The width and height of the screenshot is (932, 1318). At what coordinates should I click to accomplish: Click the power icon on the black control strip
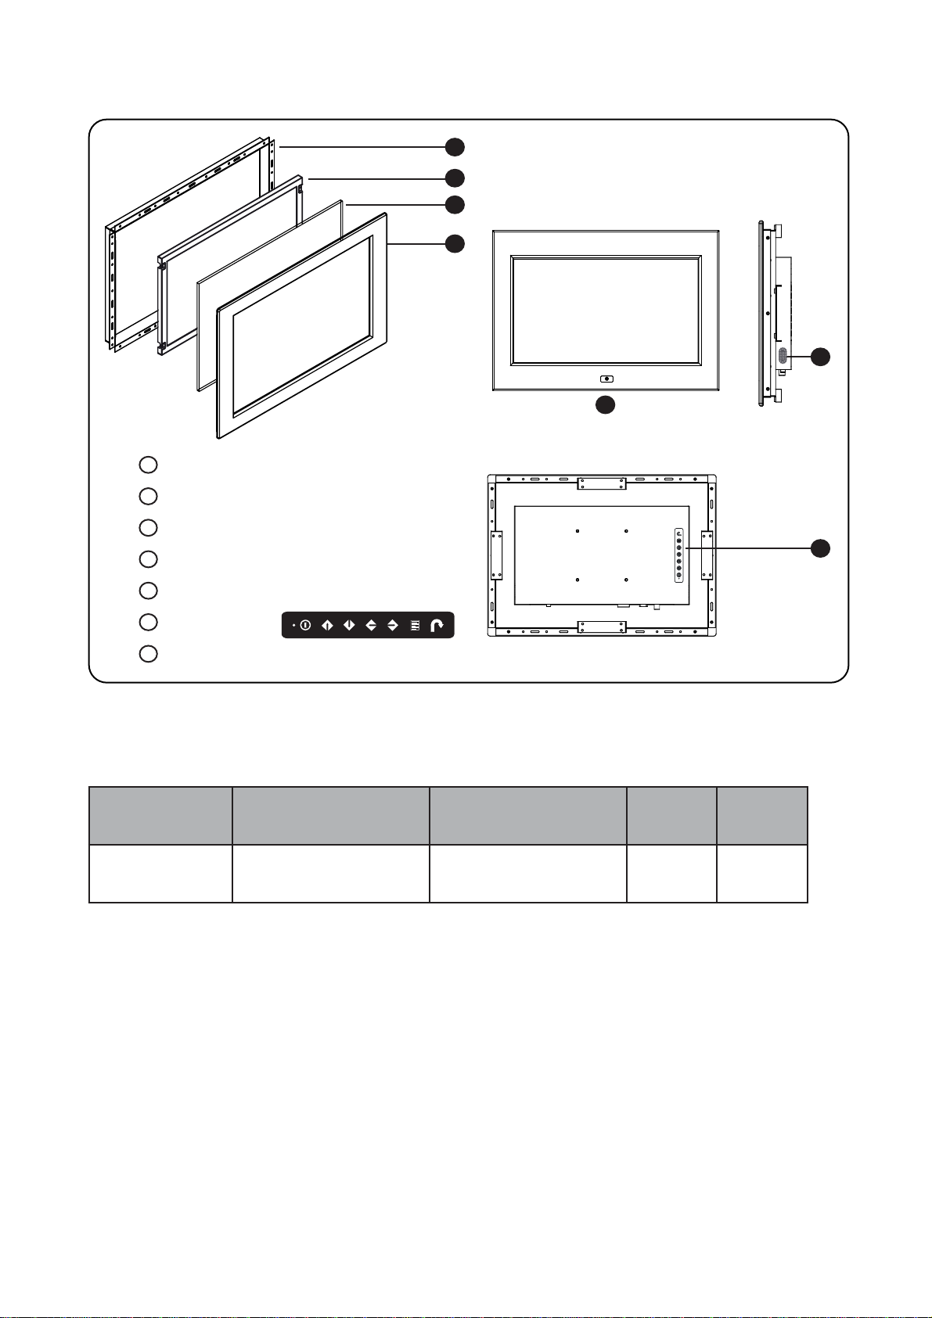[x=305, y=626]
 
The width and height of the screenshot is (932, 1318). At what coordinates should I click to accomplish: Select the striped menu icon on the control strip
[x=415, y=626]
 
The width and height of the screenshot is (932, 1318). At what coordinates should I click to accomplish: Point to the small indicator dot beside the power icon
[x=293, y=626]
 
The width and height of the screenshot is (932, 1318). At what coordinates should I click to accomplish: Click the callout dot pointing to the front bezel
[x=455, y=243]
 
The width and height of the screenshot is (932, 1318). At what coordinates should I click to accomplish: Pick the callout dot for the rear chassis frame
[x=455, y=146]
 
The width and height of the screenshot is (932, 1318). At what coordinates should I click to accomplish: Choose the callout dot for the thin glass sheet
[x=455, y=205]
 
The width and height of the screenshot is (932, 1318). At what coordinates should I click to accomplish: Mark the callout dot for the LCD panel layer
[x=455, y=178]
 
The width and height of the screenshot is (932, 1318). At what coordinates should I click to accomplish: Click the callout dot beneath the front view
[x=605, y=405]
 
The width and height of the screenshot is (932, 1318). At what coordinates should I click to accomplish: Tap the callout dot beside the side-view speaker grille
[x=820, y=357]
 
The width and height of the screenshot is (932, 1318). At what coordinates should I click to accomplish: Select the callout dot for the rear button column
[x=820, y=548]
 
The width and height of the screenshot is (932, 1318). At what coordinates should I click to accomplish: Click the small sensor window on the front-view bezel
[x=607, y=379]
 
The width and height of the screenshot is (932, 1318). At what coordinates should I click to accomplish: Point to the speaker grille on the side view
[x=782, y=355]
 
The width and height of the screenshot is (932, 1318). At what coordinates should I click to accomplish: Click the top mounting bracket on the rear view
[x=602, y=484]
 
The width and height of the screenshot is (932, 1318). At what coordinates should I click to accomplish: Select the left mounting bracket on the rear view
[x=496, y=555]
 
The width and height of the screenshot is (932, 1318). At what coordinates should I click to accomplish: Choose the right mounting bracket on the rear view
[x=707, y=555]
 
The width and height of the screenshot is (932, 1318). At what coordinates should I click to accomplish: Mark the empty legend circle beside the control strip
[x=148, y=622]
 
